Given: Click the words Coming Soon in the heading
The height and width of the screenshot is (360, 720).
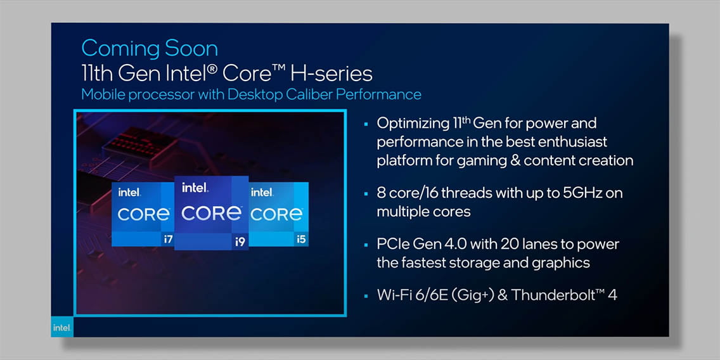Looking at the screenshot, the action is [x=150, y=48].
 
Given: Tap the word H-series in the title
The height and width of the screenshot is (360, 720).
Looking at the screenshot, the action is [x=331, y=74].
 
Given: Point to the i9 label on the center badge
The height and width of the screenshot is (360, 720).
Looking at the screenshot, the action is [x=240, y=241].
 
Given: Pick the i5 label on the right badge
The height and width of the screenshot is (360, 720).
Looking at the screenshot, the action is [x=301, y=239].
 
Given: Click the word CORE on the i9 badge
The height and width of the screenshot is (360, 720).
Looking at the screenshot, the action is [x=211, y=213].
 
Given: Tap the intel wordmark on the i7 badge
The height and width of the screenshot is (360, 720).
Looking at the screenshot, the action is [x=129, y=193].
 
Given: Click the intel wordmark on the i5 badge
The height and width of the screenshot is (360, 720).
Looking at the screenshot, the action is [x=262, y=193].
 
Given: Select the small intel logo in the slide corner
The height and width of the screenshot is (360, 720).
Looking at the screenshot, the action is [x=62, y=327].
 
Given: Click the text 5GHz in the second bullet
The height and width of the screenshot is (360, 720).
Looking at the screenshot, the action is [x=583, y=193].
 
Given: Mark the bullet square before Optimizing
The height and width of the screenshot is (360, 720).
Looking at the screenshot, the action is [x=366, y=124].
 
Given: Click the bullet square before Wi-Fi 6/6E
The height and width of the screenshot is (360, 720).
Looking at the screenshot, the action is [x=366, y=296].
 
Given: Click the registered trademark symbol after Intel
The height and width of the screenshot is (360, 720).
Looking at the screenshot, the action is [x=212, y=70].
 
